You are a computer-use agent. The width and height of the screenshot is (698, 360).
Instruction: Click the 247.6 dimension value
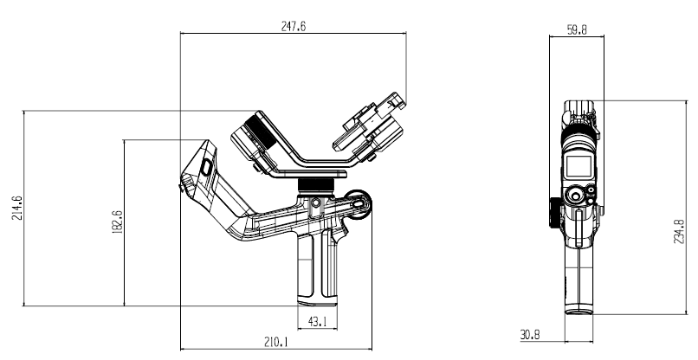point(294,26)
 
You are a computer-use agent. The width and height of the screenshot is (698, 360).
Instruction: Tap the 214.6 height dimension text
point(17,208)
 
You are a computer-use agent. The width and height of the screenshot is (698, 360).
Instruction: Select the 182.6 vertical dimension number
point(118,222)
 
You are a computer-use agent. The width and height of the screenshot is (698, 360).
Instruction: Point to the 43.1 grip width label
point(317,321)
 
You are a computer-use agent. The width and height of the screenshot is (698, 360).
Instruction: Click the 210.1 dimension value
point(276,342)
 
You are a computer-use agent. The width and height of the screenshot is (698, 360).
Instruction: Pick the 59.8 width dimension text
point(577,29)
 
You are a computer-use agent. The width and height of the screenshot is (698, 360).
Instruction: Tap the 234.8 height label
point(679,231)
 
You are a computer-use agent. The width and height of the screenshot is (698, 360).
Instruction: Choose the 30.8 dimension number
point(530,335)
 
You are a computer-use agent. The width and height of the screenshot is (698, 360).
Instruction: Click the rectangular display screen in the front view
point(578,166)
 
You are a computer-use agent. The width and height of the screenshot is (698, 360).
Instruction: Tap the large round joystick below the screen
point(575,196)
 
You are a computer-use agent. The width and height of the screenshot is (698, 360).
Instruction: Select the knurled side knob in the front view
point(554,213)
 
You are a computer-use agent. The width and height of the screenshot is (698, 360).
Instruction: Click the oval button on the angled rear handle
point(206,167)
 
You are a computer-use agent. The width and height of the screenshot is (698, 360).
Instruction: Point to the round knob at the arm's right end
point(359,204)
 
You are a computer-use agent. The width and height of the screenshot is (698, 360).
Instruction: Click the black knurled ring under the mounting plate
point(315,184)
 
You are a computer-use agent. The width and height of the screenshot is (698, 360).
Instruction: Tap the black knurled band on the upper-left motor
point(260,132)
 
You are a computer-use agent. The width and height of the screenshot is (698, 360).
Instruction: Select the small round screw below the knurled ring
point(315,202)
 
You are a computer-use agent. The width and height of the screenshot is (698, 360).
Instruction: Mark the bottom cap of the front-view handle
point(578,310)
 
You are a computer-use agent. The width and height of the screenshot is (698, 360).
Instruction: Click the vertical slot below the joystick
point(578,228)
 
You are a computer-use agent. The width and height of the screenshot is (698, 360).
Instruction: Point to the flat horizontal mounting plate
point(308,174)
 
